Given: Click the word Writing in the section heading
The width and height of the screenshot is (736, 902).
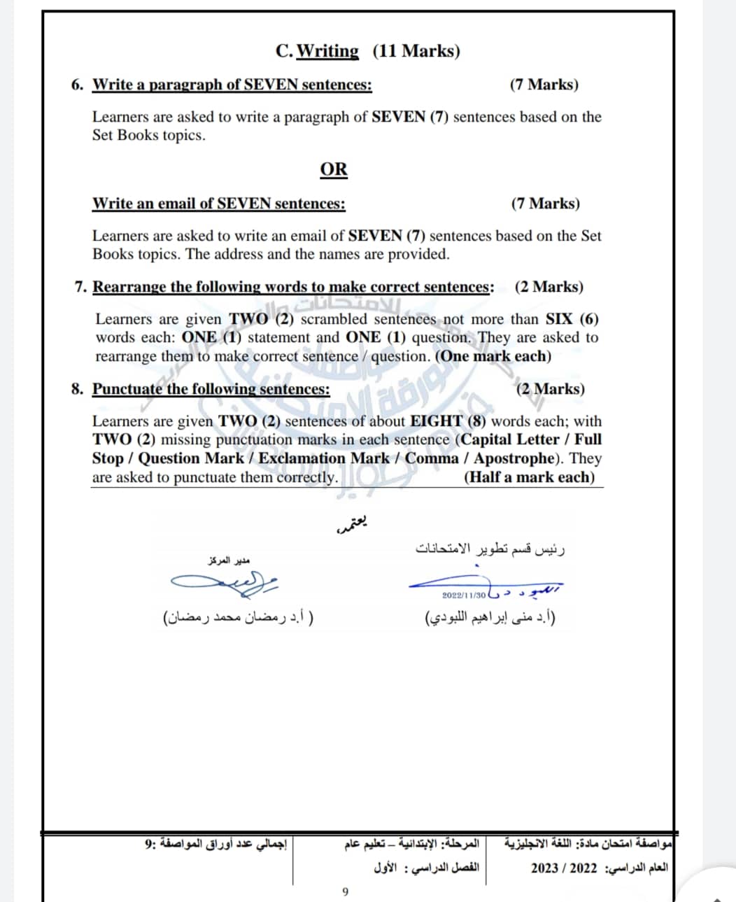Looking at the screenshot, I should point(327,51).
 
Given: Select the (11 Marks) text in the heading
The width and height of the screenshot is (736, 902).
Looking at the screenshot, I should point(416,51).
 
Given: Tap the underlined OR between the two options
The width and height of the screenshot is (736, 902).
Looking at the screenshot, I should point(334,169).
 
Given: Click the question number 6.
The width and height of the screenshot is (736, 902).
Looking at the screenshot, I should point(77,85).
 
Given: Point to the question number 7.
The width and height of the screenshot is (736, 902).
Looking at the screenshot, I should point(80,287).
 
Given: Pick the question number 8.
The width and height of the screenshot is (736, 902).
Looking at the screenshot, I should point(77,389).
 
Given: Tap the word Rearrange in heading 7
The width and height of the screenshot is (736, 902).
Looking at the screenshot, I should point(129,287).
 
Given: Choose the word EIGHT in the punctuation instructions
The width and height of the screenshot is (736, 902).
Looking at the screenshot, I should point(436,421).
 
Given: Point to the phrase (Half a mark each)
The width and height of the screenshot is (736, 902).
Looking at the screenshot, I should point(529,477).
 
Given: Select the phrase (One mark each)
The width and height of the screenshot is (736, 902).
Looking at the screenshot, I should point(493,356).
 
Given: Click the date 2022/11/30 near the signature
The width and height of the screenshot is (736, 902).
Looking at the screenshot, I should point(464,595).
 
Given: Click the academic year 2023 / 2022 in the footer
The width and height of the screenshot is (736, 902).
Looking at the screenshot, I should point(564,868).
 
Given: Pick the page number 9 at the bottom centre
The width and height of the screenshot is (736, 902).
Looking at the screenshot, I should point(345,892).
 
